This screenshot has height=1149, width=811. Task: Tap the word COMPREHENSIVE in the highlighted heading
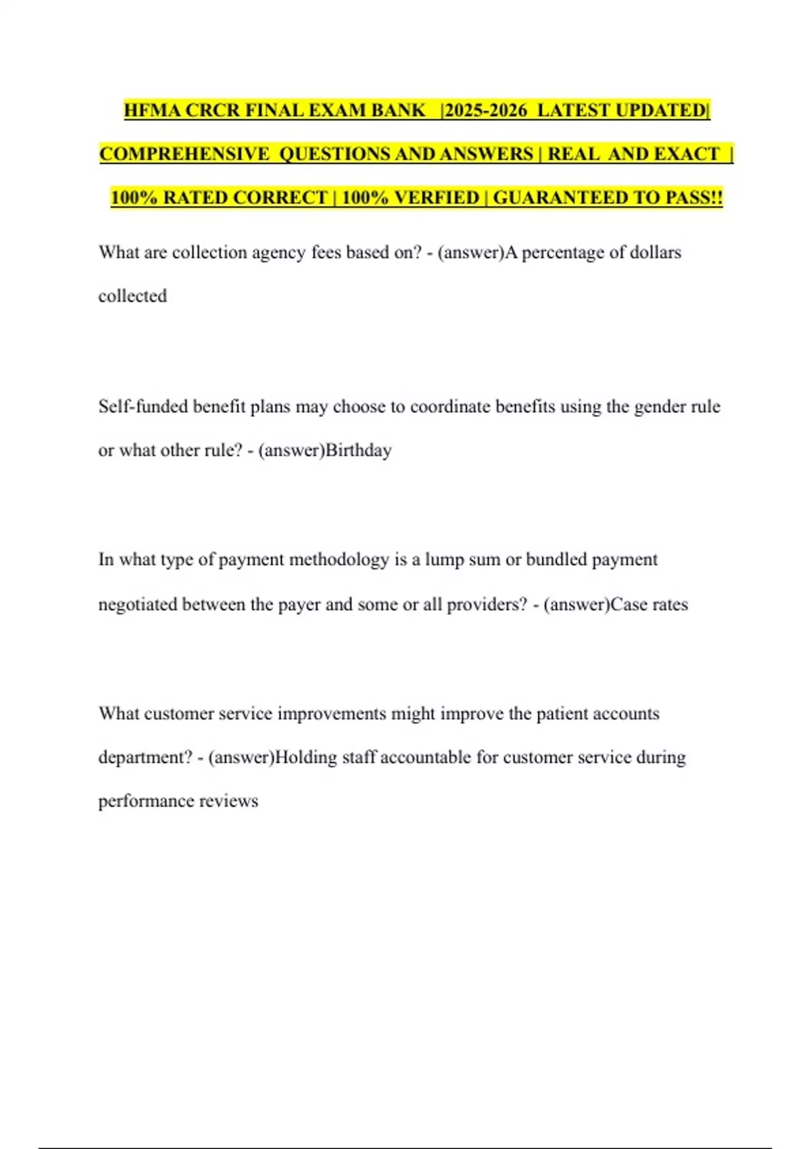184,154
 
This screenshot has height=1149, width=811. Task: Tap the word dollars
655,253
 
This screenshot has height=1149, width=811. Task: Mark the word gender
660,406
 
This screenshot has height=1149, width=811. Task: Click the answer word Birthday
358,450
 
